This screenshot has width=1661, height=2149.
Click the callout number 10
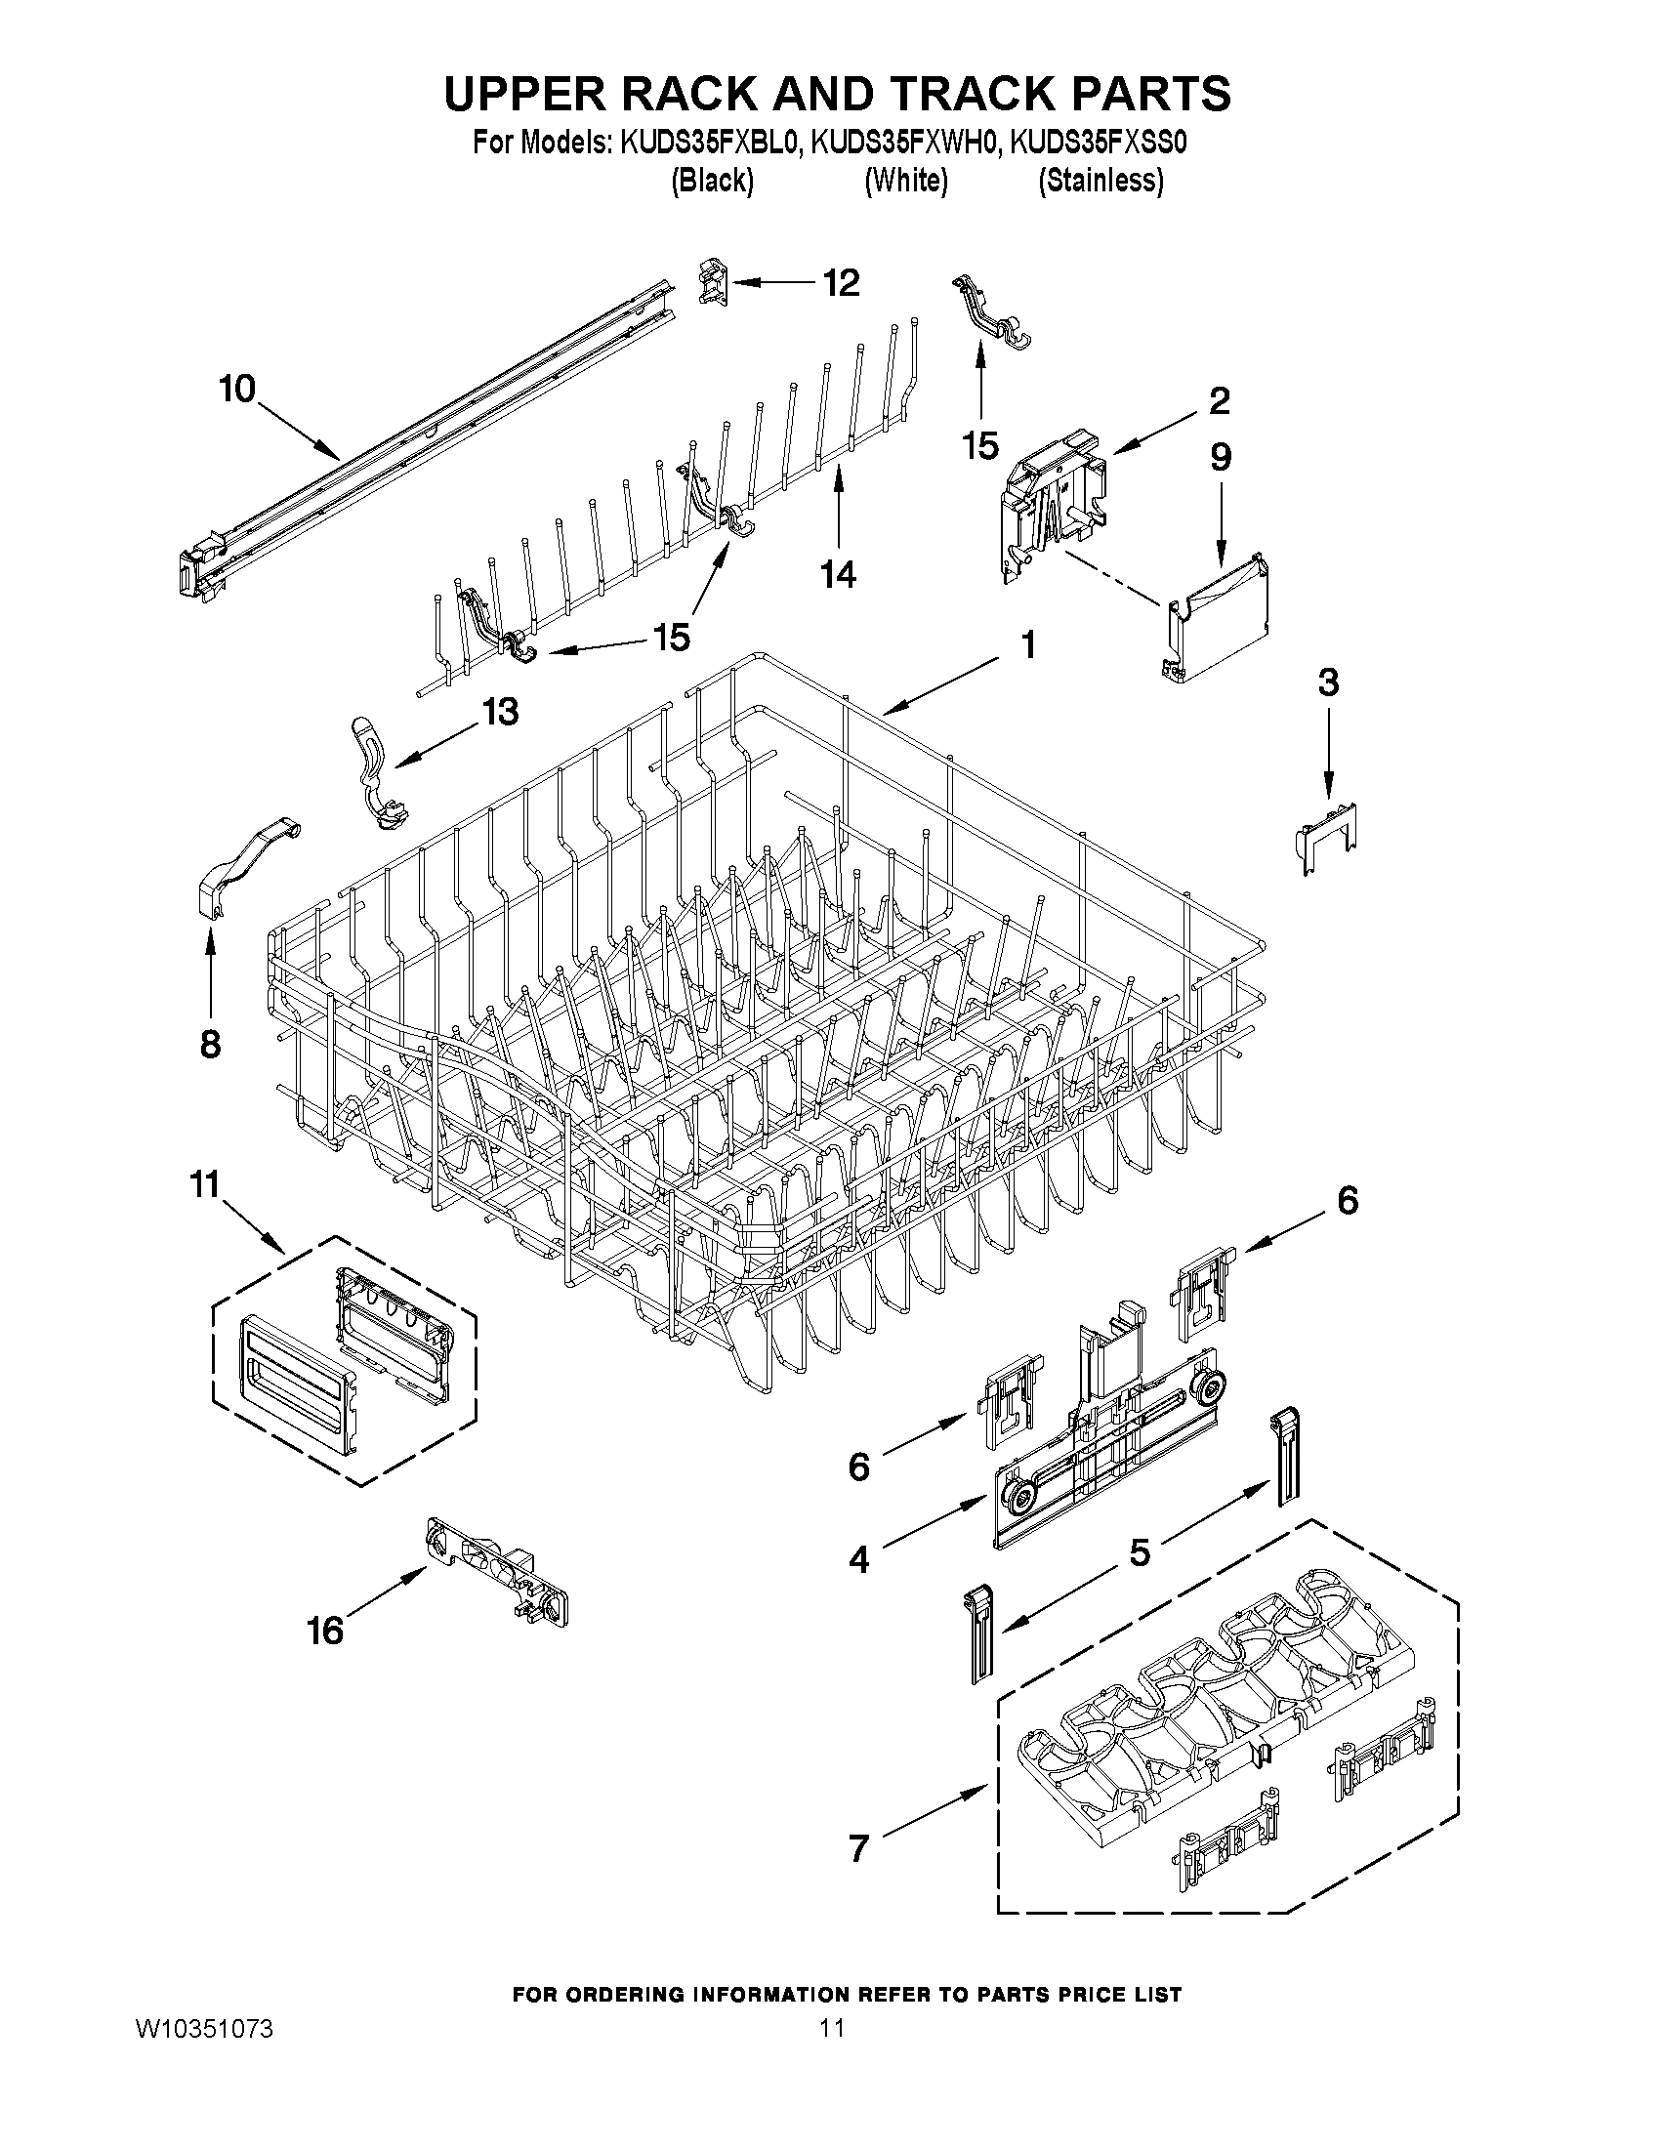236,389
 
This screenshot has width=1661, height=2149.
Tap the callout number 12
841,283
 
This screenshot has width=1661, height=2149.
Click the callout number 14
839,574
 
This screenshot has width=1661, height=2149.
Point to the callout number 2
1219,400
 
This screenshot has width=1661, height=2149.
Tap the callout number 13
500,711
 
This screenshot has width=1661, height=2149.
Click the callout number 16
325,1632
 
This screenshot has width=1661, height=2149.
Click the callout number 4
858,1559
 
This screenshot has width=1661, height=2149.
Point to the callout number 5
1139,1552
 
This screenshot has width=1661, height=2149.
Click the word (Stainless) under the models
1101,181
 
